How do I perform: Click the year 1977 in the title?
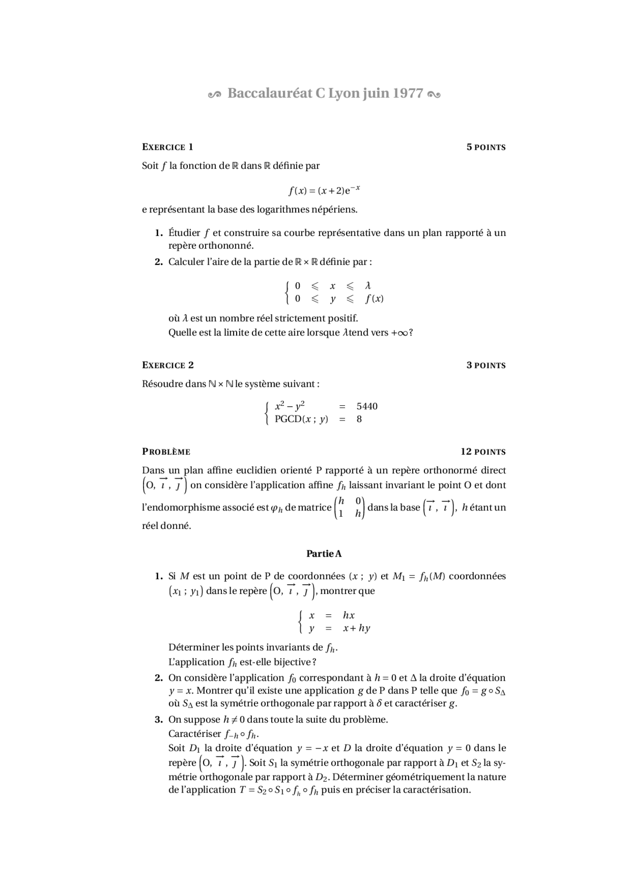click(x=408, y=94)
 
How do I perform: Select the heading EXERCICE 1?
click(x=168, y=147)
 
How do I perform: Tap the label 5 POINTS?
click(x=486, y=147)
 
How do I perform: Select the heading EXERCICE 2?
click(x=168, y=365)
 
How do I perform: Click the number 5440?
click(x=367, y=406)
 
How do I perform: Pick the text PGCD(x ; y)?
click(x=301, y=419)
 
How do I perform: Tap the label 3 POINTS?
click(x=486, y=365)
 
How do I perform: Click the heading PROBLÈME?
click(x=166, y=452)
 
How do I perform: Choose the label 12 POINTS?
click(x=483, y=452)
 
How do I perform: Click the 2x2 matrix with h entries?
click(x=350, y=507)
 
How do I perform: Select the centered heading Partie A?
click(x=324, y=554)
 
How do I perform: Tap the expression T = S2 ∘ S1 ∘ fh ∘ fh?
click(x=278, y=790)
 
